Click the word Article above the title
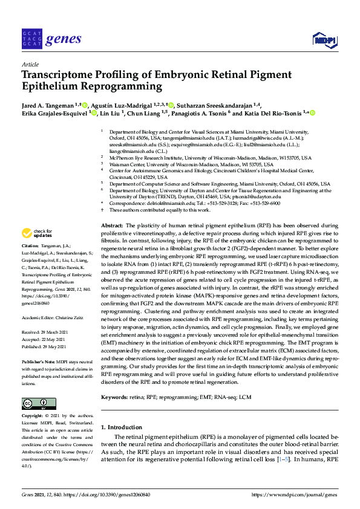[30, 63]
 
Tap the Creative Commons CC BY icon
[34, 404]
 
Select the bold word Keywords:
[116, 397]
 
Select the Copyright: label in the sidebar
[33, 416]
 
